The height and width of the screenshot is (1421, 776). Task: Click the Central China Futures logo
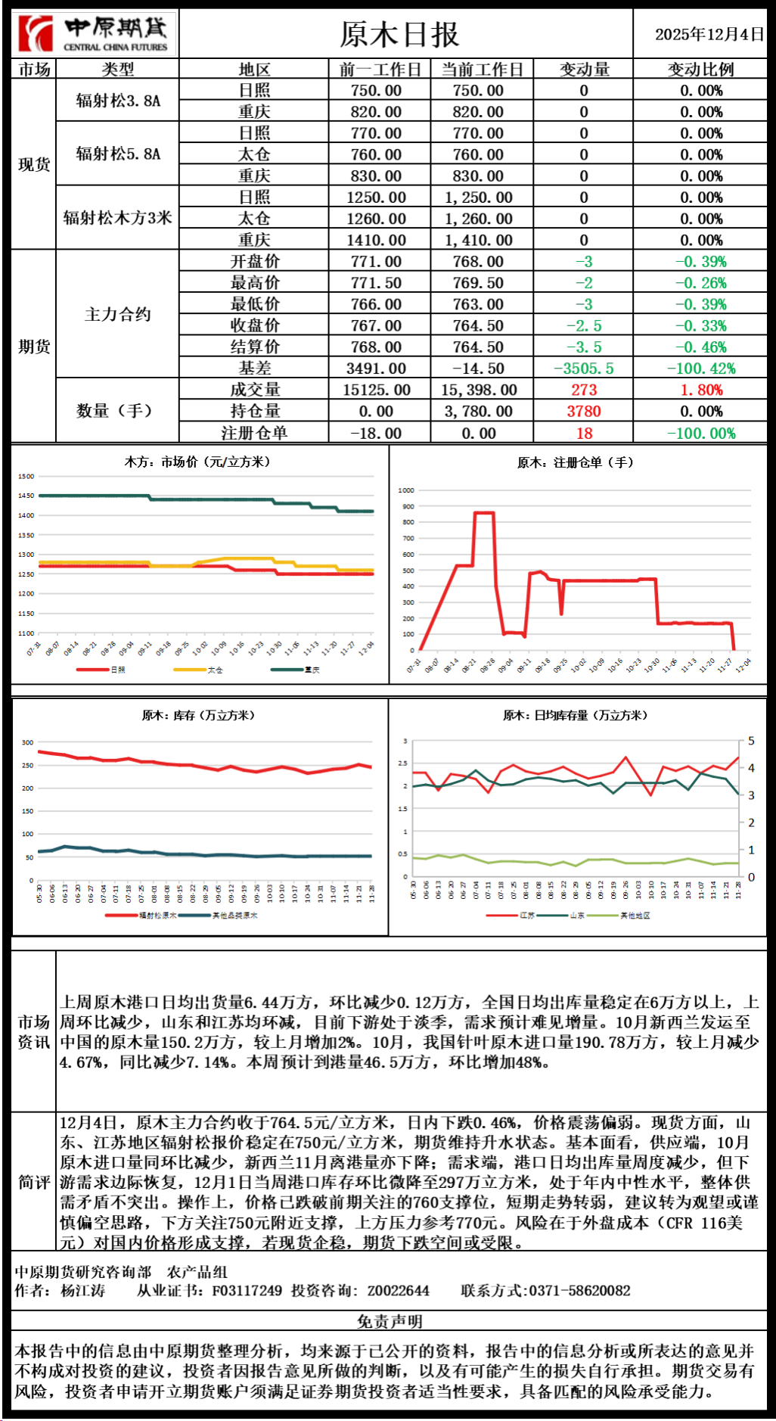pos(95,34)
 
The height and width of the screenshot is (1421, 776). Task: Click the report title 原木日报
pos(399,34)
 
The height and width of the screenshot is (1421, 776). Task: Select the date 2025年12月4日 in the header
pos(709,34)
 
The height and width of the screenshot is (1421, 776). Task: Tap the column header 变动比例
pos(700,69)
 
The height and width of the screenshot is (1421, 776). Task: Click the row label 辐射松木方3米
pos(118,218)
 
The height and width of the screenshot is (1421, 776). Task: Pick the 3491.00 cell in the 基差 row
pos(376,368)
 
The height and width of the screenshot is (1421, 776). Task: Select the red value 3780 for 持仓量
pos(584,411)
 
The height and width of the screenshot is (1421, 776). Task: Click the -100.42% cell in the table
pos(700,368)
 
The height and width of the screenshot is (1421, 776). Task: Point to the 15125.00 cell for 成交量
pos(376,390)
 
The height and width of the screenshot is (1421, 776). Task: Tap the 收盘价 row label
pos(255,325)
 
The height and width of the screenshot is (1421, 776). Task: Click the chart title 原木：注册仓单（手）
pos(576,462)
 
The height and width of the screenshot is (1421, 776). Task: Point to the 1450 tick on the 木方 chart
pos(26,496)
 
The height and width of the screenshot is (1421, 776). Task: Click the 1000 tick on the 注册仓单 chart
pos(407,490)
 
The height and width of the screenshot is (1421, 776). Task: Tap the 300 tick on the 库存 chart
pos(28,742)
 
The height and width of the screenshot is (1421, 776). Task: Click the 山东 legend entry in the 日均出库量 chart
pos(576,916)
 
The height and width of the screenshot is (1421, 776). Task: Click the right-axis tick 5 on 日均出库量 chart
pos(751,741)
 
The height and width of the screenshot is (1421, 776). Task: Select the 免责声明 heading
pos(390,1320)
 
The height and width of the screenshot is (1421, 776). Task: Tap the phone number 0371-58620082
pos(579,1290)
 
